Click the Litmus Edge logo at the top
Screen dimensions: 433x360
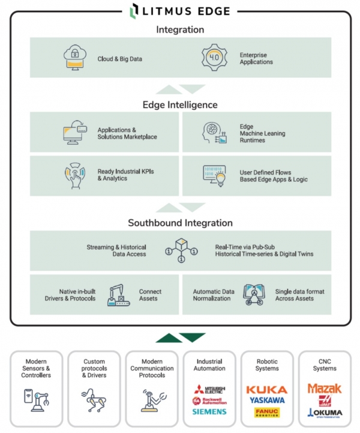[180, 10]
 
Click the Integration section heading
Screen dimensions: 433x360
[180, 29]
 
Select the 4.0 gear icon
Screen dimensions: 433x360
[214, 58]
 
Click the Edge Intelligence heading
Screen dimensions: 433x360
[180, 104]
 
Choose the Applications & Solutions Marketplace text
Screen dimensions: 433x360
[127, 133]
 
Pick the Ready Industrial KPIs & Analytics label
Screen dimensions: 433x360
[125, 175]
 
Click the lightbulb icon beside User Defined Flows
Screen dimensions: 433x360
[215, 175]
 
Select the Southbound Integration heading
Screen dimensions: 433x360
[180, 223]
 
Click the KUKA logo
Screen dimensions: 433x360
[266, 390]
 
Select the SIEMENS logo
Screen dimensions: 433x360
[209, 412]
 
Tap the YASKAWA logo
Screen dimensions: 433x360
[266, 401]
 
